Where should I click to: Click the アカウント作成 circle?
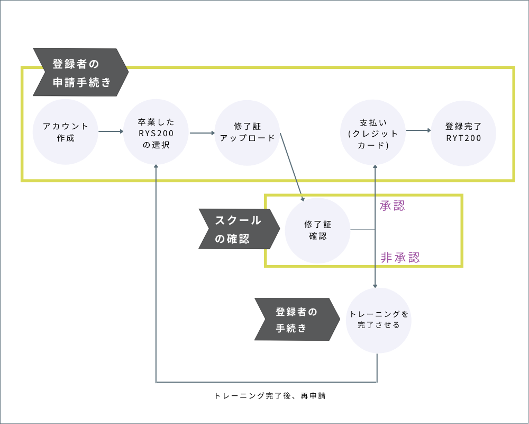(x=66, y=132)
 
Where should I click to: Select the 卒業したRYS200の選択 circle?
(x=156, y=132)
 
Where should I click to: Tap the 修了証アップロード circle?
(x=248, y=132)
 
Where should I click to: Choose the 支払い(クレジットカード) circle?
(x=373, y=132)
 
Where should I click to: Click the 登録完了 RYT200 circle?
(x=463, y=132)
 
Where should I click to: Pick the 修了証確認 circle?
(x=317, y=231)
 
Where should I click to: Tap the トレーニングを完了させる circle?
(x=378, y=320)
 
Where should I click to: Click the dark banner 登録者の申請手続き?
(x=79, y=73)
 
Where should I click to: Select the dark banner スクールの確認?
(x=238, y=229)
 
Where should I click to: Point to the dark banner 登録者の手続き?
(x=295, y=319)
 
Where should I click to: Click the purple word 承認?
(x=392, y=206)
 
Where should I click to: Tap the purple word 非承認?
(x=400, y=258)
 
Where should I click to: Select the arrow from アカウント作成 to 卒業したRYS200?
(x=111, y=132)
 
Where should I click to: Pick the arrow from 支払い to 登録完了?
(x=417, y=129)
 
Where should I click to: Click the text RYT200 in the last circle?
(x=463, y=138)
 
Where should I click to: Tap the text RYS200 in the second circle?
(x=156, y=133)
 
